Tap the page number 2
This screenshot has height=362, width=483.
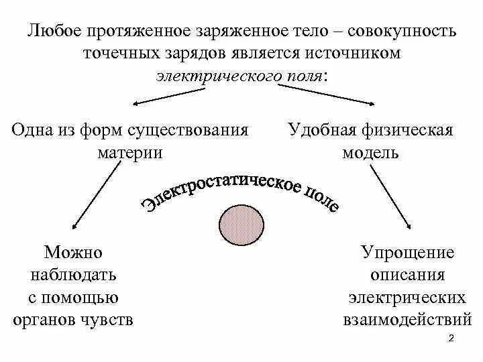[451, 339]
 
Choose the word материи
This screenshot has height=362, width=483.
[129, 152]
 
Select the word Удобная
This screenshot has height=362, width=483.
[318, 130]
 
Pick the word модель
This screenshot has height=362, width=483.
[370, 152]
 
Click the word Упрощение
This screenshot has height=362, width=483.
[407, 253]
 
